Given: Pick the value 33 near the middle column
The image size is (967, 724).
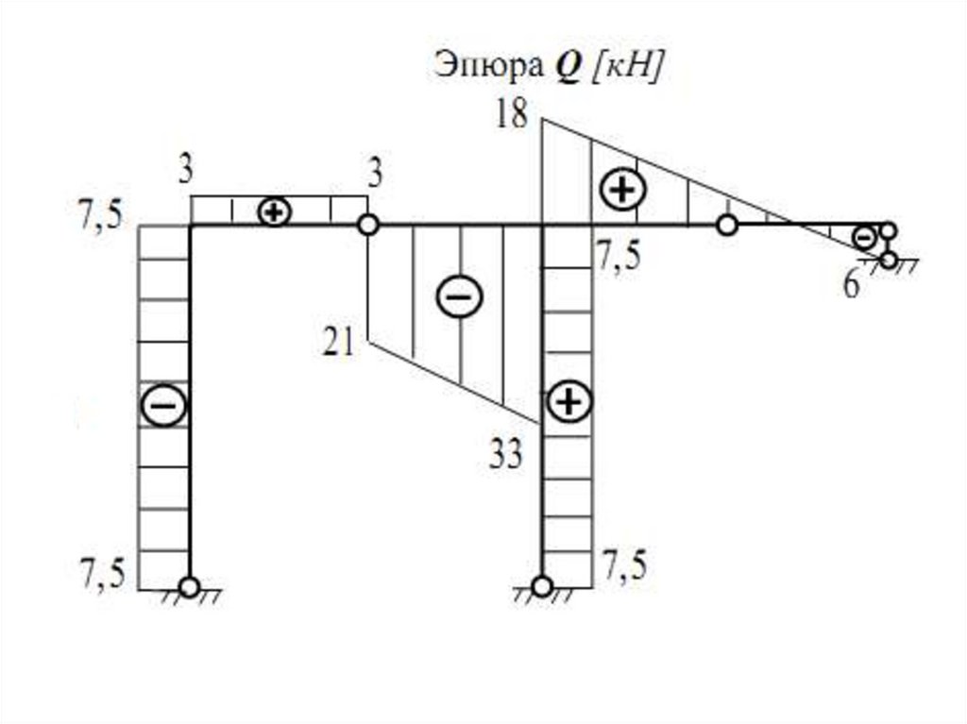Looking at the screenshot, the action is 507,457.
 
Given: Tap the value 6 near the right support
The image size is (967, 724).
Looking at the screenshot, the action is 852,286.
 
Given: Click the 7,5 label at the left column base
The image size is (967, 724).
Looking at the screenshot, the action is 101,575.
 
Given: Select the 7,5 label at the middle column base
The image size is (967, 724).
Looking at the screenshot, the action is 625,567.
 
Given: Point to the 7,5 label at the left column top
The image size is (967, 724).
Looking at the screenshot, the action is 101,216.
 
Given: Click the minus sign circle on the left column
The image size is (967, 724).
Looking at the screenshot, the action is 164,406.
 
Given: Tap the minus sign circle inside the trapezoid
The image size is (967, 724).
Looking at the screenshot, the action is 459,297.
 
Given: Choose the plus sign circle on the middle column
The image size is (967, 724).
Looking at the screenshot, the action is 568,403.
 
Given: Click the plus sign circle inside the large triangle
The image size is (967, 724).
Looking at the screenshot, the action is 622,190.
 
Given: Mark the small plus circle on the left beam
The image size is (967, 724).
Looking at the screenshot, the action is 274,211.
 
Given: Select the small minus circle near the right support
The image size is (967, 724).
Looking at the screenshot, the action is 864,238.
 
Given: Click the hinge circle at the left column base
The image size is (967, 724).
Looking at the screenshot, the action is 190,587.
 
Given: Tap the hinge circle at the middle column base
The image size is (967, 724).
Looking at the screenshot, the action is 541,587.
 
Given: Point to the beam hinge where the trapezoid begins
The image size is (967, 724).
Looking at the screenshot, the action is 367,225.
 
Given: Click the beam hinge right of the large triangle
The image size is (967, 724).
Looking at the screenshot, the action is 726,225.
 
